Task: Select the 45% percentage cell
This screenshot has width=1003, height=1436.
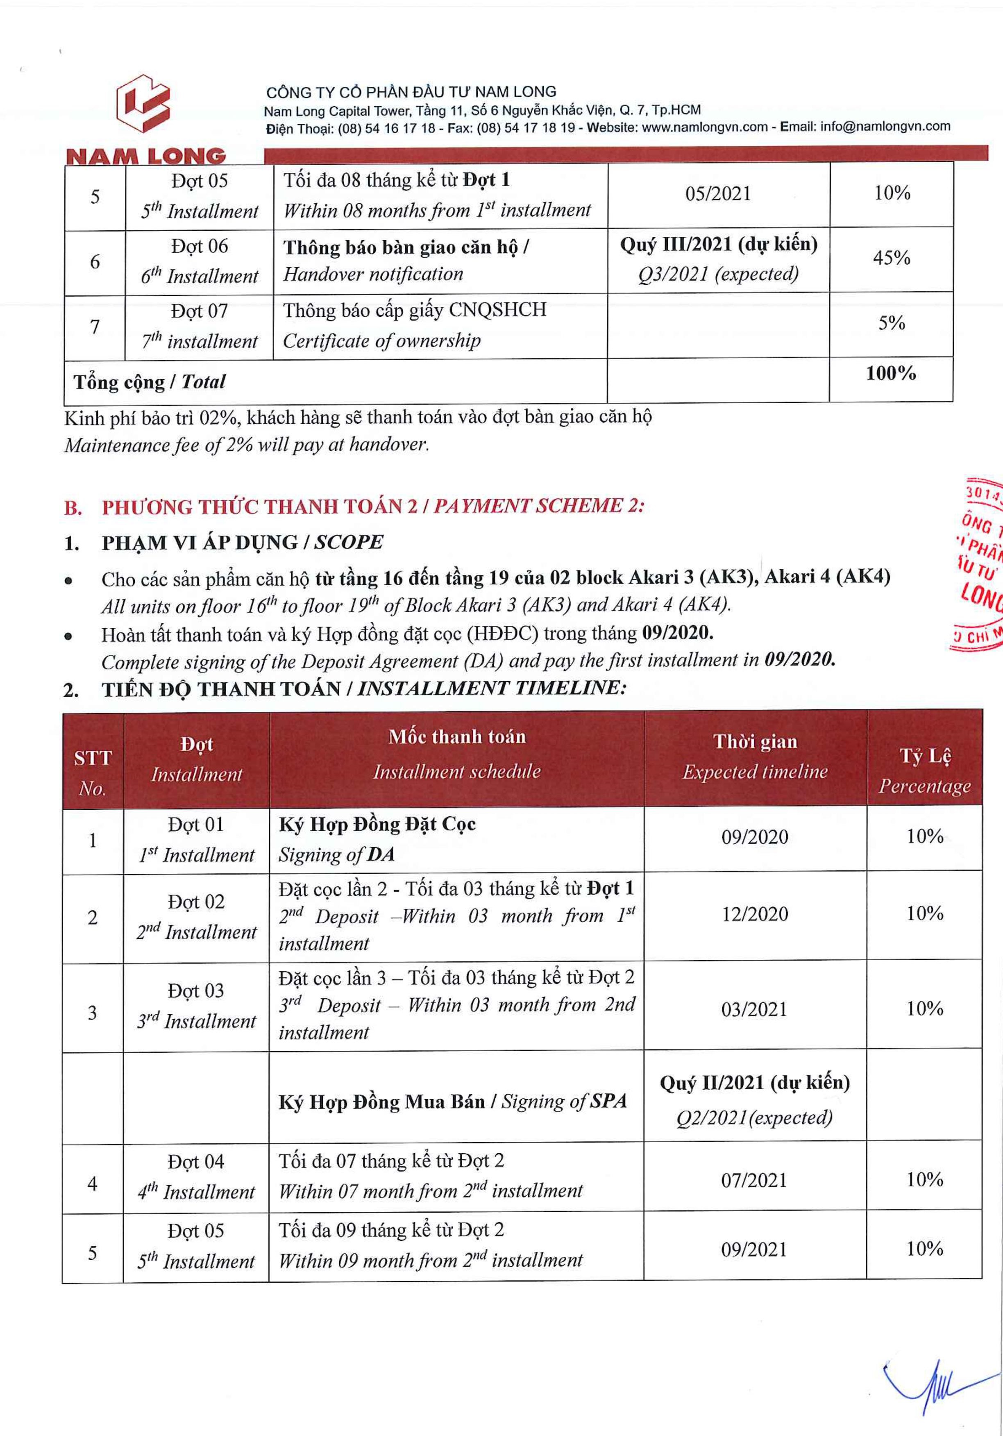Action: (891, 258)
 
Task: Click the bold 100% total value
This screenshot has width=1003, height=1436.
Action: (890, 373)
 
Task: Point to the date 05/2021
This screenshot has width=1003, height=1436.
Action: (718, 194)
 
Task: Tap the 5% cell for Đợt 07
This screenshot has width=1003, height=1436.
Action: (891, 323)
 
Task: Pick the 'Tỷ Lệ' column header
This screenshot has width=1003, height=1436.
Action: (925, 756)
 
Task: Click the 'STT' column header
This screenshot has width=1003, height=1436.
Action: (93, 758)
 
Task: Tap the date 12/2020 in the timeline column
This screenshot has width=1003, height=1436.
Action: (755, 914)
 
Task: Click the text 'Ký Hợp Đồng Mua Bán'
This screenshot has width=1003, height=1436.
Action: (381, 1102)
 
